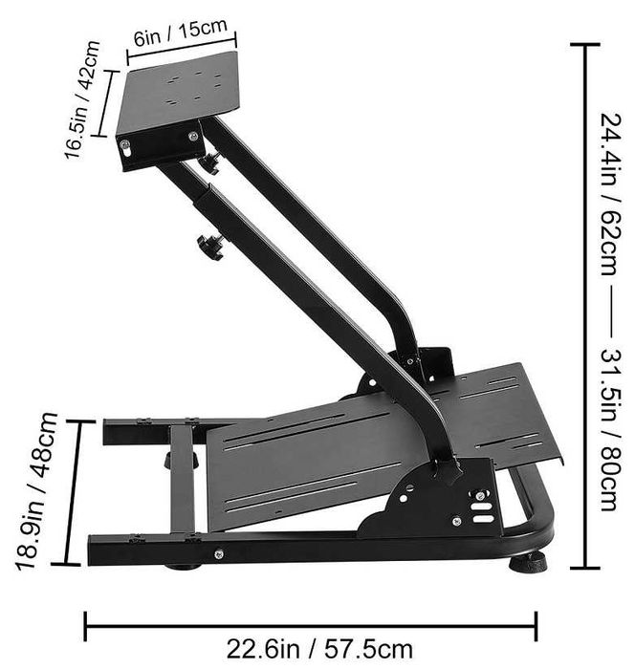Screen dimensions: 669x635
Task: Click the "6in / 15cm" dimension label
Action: coord(181,32)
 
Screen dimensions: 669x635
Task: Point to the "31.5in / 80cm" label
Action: coord(609,429)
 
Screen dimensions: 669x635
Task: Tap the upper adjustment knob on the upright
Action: coord(209,162)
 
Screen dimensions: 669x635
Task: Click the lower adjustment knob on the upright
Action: coord(210,248)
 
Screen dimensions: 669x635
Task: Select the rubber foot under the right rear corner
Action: coord(527,562)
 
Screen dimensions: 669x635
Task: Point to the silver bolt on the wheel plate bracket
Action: coord(125,145)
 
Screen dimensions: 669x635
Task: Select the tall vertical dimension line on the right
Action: coord(584,306)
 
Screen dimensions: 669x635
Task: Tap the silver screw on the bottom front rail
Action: coord(219,554)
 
